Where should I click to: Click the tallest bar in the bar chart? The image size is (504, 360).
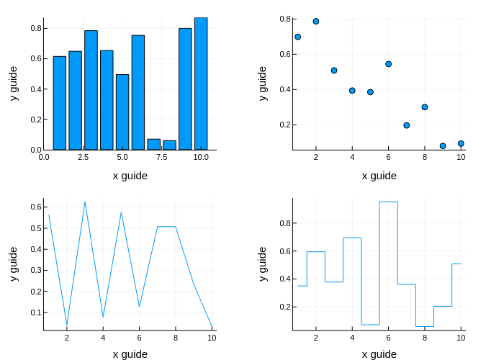201,84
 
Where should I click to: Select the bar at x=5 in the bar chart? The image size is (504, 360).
122,112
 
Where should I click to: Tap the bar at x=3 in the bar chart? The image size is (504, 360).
91,90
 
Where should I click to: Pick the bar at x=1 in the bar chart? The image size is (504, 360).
59,103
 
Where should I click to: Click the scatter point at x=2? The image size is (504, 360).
315,22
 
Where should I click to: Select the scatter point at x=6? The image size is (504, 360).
388,64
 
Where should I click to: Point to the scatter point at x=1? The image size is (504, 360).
297,37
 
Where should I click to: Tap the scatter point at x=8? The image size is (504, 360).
425,107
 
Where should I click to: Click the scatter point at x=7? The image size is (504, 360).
407,125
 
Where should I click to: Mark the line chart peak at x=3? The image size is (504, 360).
85,202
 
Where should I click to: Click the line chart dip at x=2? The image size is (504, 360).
67,325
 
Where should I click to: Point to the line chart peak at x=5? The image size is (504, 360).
122,212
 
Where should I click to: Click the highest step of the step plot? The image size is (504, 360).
388,202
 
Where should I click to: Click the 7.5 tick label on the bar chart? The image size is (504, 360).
162,157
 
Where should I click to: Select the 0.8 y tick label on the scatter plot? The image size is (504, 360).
285,19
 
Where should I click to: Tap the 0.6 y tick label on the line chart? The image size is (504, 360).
33,207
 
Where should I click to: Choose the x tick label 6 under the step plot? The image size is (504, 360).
388,338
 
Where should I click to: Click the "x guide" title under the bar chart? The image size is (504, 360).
130,175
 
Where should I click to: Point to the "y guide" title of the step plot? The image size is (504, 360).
262,264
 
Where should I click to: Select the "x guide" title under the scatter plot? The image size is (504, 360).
379,175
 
